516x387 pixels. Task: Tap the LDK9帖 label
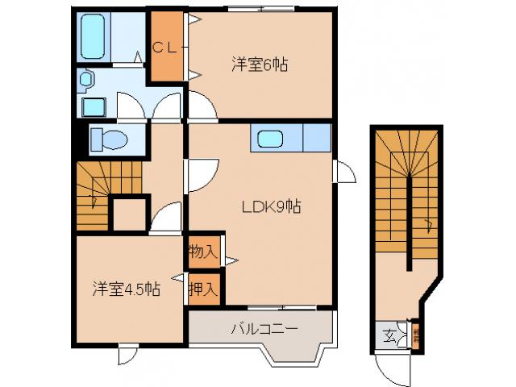point(272,206)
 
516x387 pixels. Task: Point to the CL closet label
point(165,47)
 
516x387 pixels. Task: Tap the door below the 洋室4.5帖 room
point(127,354)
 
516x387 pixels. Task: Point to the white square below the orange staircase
point(127,214)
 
